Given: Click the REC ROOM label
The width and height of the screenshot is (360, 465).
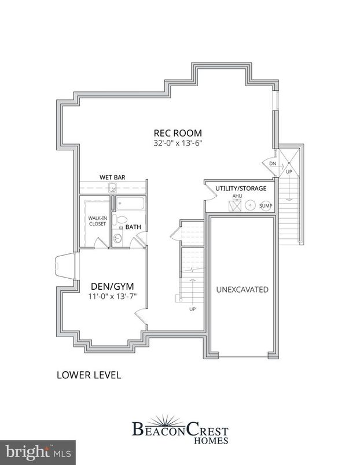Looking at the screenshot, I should (x=177, y=131).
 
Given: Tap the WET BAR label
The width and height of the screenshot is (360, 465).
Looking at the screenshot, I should (x=112, y=177).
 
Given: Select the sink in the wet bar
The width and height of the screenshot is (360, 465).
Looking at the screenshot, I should (x=113, y=187).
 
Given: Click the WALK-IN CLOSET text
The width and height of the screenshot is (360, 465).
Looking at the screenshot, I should (x=97, y=220).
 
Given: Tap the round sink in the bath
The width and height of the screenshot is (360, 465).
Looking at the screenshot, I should (x=118, y=238).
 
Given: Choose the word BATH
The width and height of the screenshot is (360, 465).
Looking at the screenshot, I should (x=133, y=227).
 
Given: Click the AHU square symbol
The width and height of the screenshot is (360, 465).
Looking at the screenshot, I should (x=236, y=205).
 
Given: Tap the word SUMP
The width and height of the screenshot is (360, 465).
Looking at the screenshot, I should (x=266, y=205).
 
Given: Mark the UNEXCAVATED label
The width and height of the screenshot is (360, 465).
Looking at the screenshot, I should (x=242, y=289).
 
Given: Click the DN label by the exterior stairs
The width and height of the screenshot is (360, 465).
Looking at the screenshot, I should (x=273, y=164).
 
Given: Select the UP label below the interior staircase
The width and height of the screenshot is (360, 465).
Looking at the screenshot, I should (x=192, y=309).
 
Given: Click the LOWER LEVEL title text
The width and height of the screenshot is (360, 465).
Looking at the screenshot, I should (x=88, y=375).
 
